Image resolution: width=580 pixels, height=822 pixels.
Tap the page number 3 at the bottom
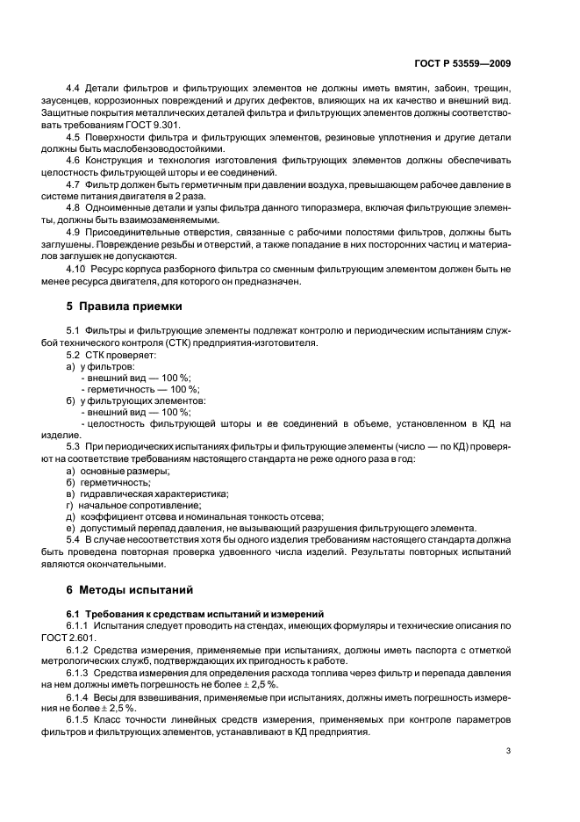click(x=508, y=750)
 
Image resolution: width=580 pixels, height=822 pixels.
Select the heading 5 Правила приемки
click(x=125, y=306)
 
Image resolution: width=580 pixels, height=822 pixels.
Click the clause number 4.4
click(x=74, y=90)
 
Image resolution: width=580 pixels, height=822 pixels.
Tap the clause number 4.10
click(x=76, y=269)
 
